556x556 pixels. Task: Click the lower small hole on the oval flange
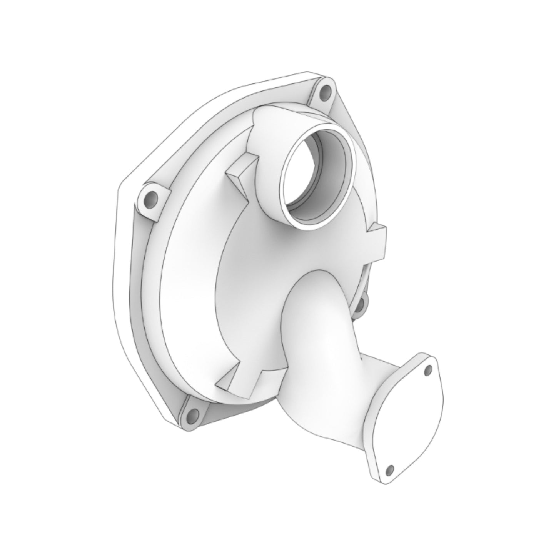pyautogui.click(x=390, y=469)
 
